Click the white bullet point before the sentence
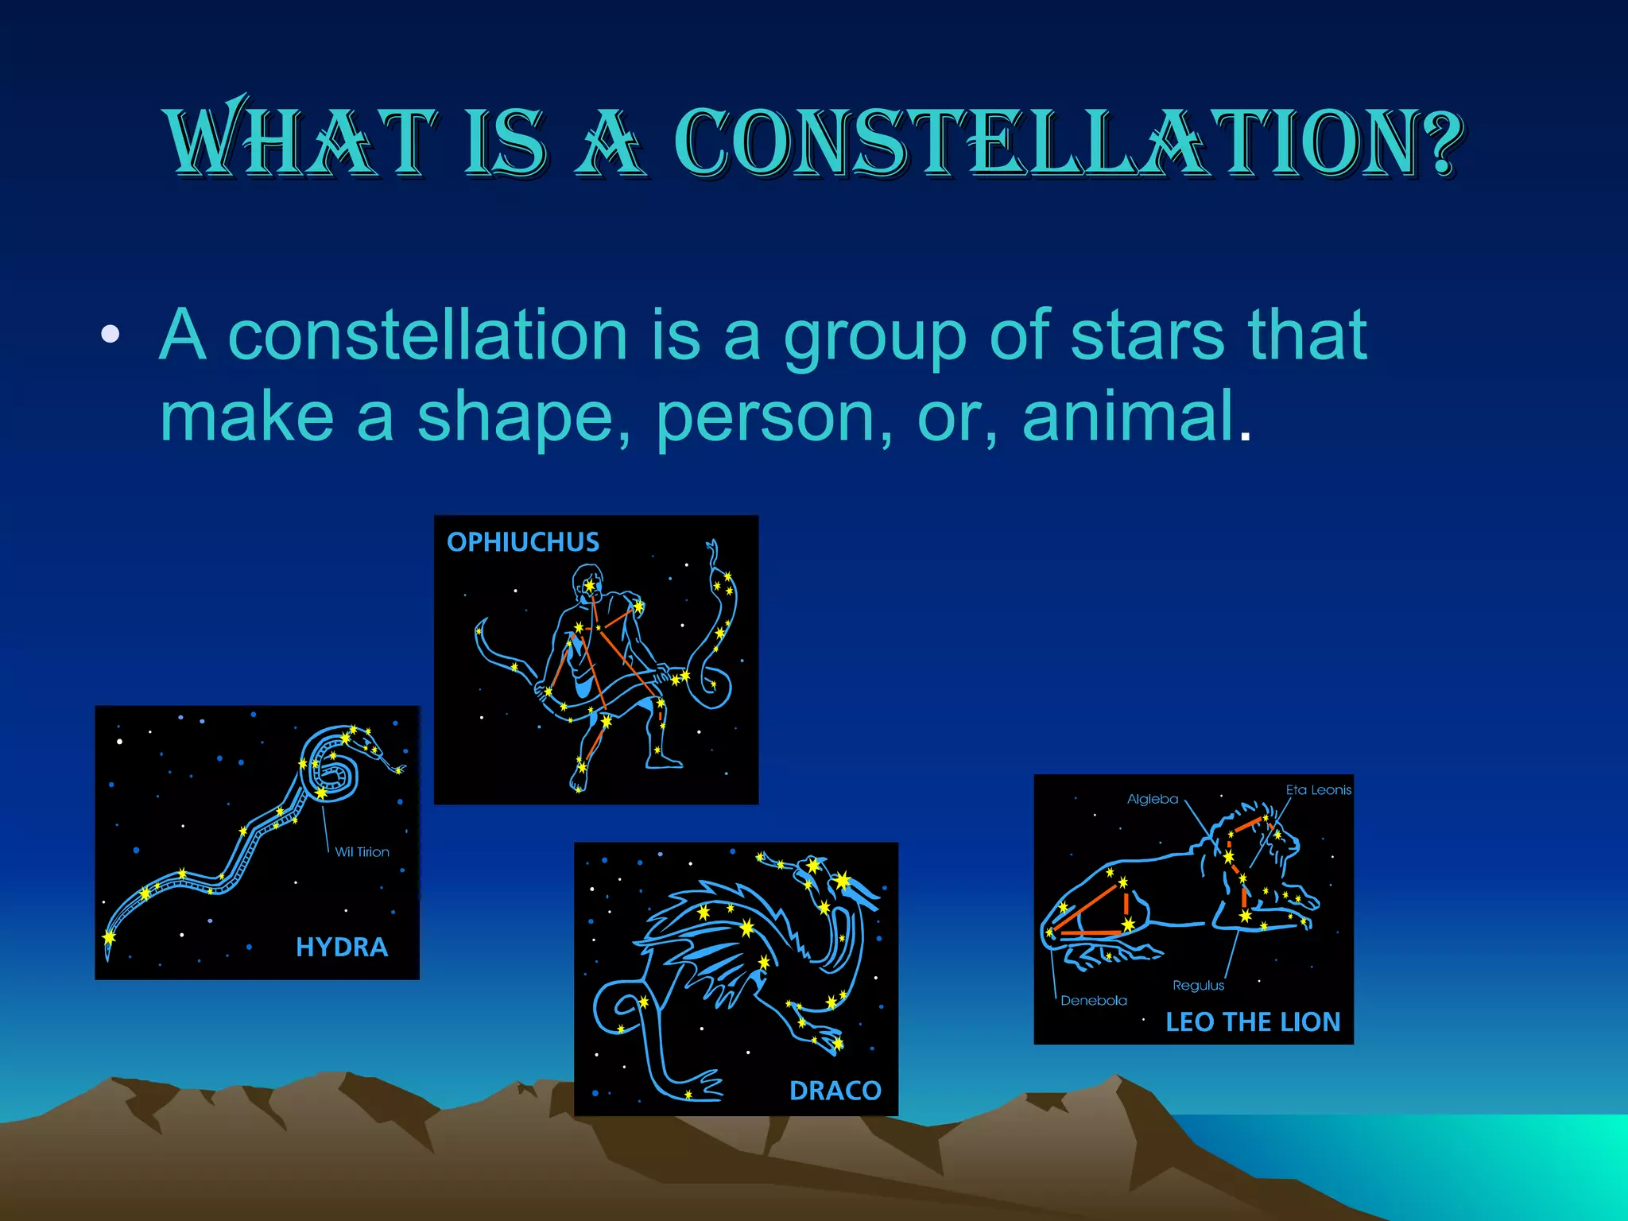point(110,334)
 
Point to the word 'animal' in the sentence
point(1129,417)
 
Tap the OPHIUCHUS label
point(523,542)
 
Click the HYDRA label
point(342,947)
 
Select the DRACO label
point(835,1090)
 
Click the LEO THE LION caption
point(1253,1021)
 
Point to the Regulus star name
point(1198,986)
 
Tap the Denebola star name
point(1094,1001)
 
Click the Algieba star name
point(1153,799)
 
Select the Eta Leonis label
point(1318,789)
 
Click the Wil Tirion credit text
point(362,852)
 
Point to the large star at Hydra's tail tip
point(109,937)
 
